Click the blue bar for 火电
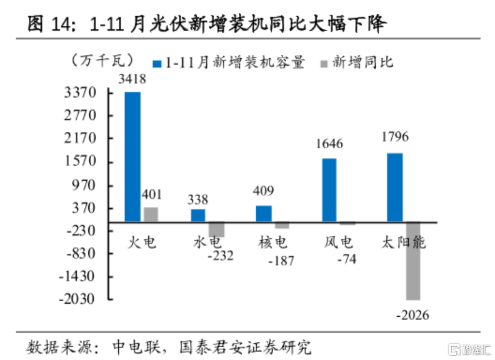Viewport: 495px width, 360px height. tap(132, 156)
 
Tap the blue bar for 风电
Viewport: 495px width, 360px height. tap(329, 190)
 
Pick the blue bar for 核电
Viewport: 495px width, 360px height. tap(264, 214)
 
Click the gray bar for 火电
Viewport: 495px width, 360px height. tap(150, 214)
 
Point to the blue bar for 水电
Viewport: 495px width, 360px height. tap(198, 215)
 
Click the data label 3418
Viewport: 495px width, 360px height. tap(132, 79)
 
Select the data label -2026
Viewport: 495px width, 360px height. tap(412, 314)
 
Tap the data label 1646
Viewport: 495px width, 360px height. tap(329, 144)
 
